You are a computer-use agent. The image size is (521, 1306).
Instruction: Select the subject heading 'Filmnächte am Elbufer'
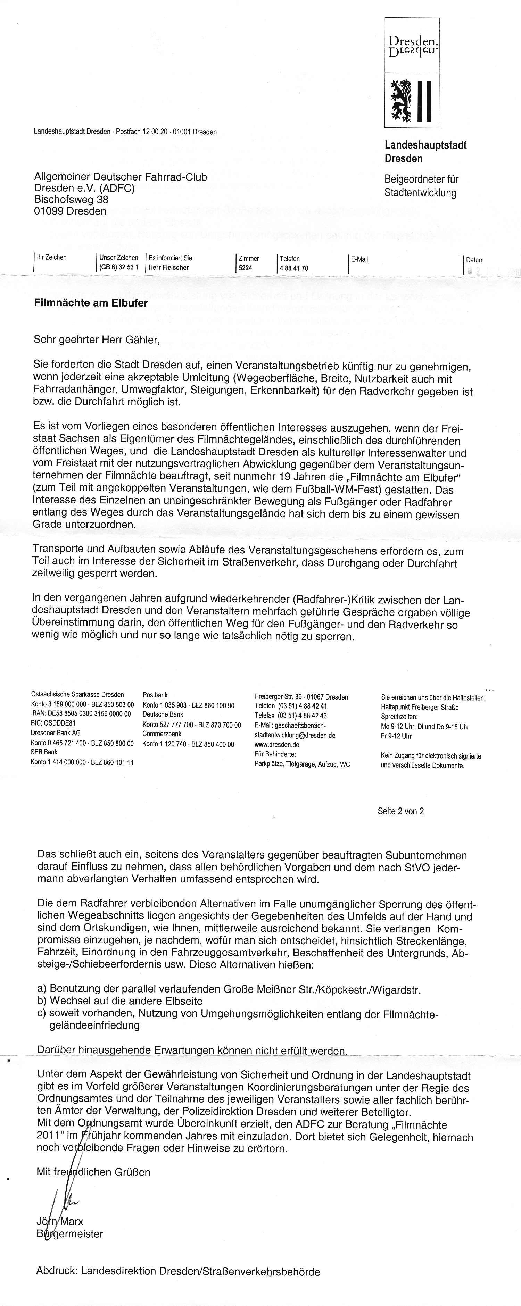click(91, 304)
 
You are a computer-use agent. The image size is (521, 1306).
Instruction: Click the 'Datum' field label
click(475, 260)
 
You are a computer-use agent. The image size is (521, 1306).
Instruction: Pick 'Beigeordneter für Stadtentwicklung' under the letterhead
click(421, 186)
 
